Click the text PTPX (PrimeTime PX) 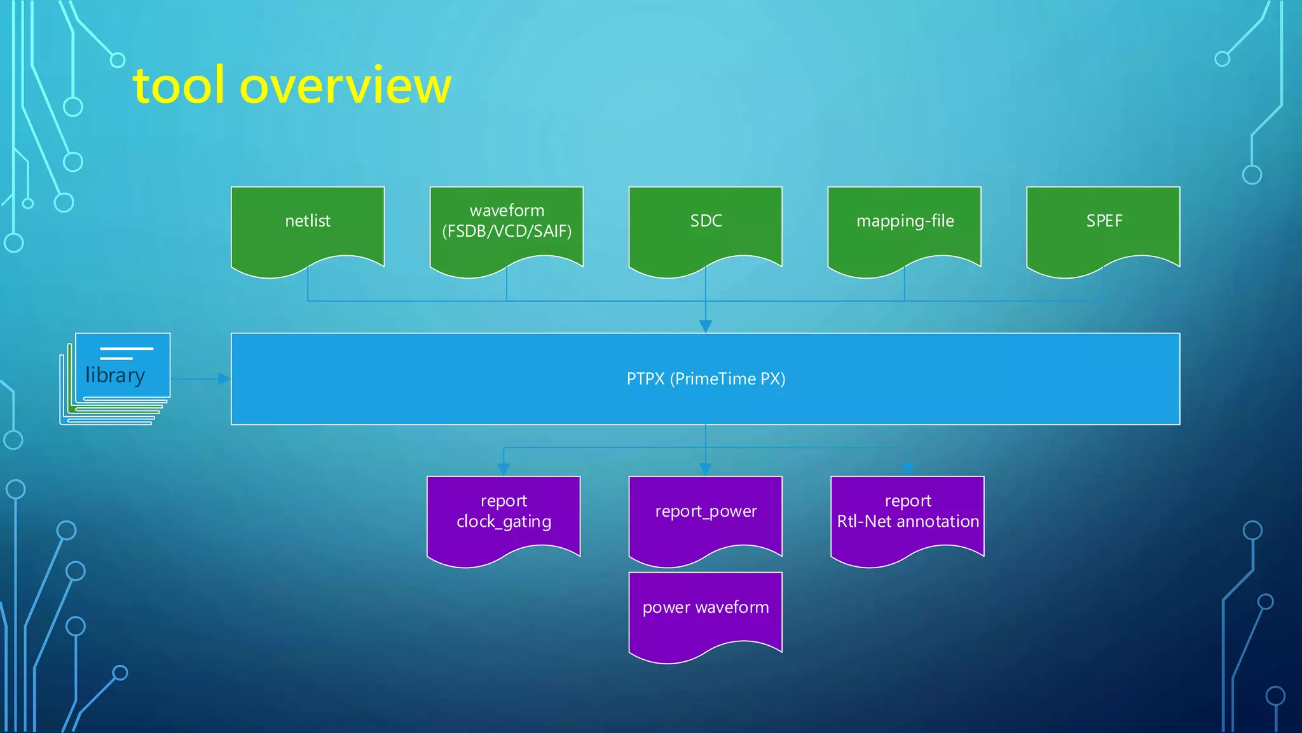click(x=706, y=379)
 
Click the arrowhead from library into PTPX click(x=224, y=379)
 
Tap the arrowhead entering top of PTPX click(x=706, y=326)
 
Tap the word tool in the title click(x=179, y=86)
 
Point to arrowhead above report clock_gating click(x=504, y=470)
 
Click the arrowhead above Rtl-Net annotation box click(x=907, y=470)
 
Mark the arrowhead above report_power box click(x=706, y=470)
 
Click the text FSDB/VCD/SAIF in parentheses click(x=507, y=231)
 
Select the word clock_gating click(x=504, y=522)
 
